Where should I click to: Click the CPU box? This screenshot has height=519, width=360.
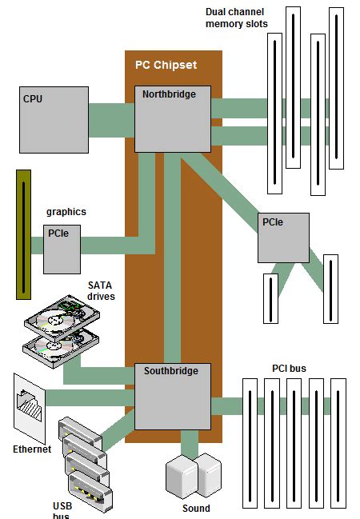coord(53,120)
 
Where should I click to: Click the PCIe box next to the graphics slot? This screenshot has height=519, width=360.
coord(62,249)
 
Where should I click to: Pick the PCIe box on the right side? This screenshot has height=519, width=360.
coord(283,238)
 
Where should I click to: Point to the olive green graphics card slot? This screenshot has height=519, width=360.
coord(24,234)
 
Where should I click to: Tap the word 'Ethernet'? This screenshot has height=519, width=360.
coord(32,449)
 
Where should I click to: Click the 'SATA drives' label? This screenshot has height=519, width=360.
coord(102,290)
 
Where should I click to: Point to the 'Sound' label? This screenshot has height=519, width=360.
coord(196,509)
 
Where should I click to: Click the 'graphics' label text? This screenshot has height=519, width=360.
coord(66,212)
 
